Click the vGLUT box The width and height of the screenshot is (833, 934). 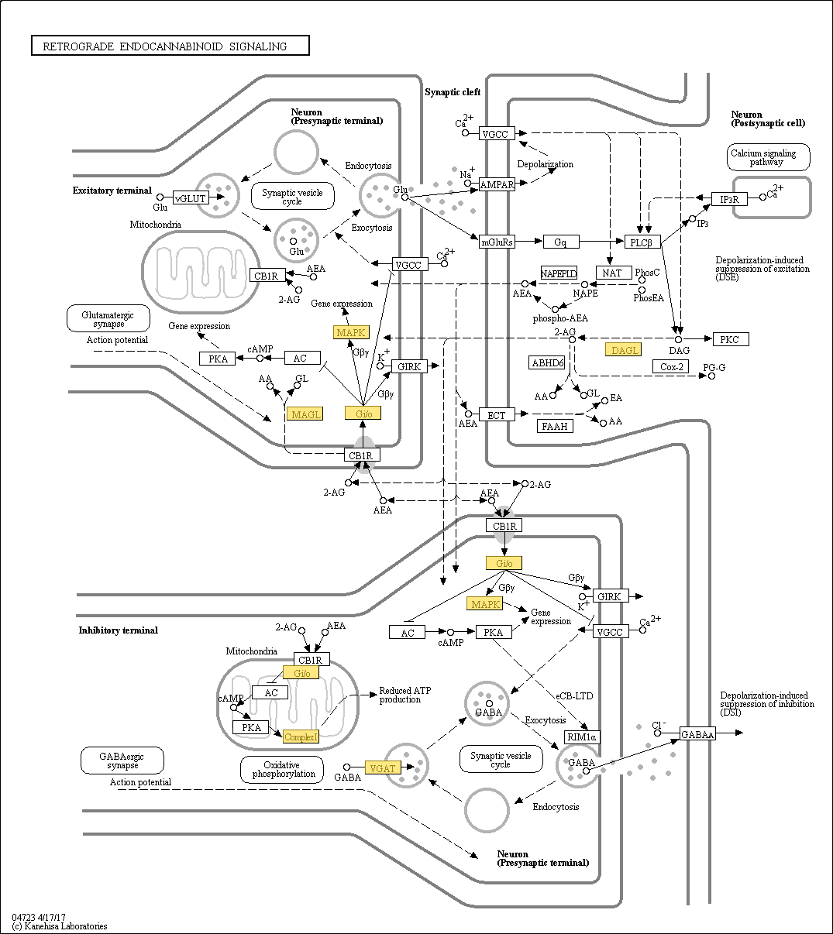(191, 197)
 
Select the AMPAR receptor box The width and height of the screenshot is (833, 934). (497, 184)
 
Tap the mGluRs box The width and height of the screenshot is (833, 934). (497, 242)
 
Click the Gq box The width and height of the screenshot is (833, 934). (561, 242)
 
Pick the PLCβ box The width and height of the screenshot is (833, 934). (642, 242)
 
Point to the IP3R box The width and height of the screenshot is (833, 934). (729, 199)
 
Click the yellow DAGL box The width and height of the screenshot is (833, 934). (624, 350)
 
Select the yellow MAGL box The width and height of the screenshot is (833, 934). (305, 414)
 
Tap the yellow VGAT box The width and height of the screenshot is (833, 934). (383, 768)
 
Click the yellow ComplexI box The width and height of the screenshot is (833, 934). (301, 737)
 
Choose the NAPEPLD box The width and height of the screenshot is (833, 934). (559, 273)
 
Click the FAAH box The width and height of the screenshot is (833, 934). (555, 425)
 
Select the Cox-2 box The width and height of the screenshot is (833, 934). (670, 366)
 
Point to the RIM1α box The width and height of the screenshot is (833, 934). (582, 737)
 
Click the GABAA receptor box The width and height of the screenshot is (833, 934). (697, 734)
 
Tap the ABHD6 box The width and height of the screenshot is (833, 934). (547, 362)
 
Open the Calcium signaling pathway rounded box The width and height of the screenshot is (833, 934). (769, 157)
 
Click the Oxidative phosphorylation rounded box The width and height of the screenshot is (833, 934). (282, 769)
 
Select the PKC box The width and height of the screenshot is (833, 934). (731, 339)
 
